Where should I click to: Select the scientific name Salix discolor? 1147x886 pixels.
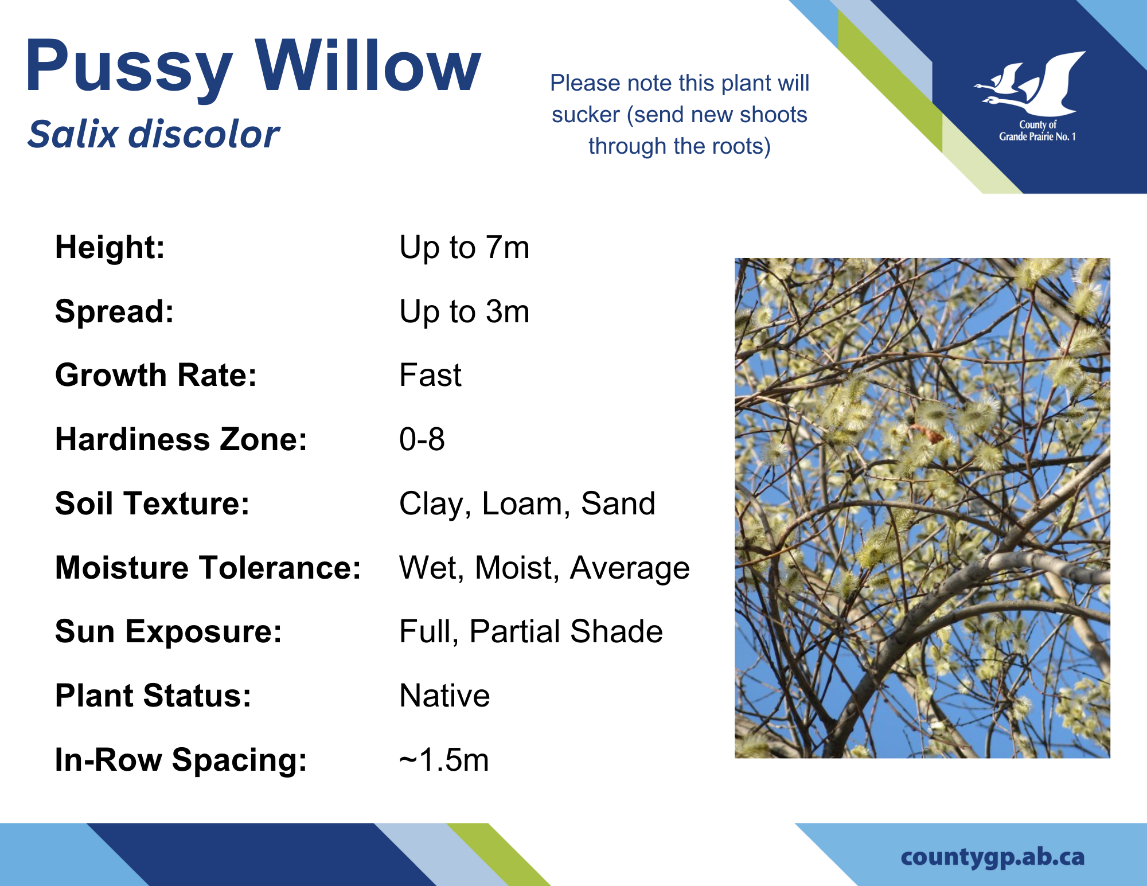tap(153, 134)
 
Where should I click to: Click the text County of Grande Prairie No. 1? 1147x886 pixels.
tap(1037, 131)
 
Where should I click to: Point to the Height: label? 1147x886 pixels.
tap(110, 247)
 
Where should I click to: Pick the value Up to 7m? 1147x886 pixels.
tap(465, 248)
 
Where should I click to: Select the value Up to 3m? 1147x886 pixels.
tap(465, 312)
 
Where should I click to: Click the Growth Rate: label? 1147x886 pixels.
tap(156, 375)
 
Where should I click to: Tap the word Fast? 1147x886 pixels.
tap(430, 375)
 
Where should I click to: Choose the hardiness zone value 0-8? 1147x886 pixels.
tap(422, 439)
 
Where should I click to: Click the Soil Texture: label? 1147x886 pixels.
tap(153, 504)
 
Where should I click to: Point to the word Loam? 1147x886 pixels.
tap(522, 504)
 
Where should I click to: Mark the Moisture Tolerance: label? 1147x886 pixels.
tap(208, 568)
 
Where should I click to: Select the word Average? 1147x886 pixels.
tap(630, 569)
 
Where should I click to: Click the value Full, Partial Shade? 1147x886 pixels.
tap(531, 632)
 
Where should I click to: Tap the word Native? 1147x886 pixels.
tap(444, 696)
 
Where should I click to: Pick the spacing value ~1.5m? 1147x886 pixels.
tap(444, 760)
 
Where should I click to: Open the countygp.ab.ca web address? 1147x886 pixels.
tap(993, 857)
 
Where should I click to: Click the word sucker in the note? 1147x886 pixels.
tap(586, 115)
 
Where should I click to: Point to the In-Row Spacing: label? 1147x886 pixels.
tap(181, 760)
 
